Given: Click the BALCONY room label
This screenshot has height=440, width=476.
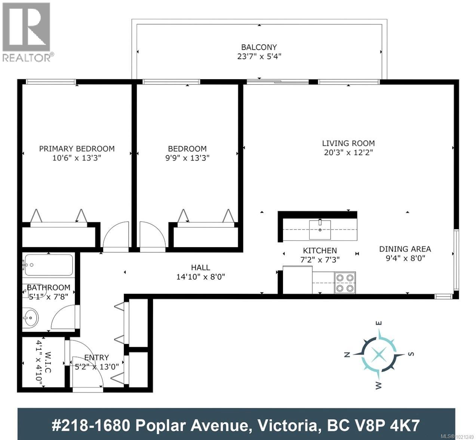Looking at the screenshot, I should [x=259, y=47].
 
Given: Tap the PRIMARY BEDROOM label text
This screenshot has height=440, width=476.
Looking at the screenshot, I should [x=77, y=148].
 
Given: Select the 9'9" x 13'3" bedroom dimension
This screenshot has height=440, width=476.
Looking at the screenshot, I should [x=187, y=158].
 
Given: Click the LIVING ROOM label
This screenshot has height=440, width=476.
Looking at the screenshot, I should [x=348, y=143].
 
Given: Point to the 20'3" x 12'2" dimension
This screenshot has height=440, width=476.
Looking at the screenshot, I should [x=348, y=152].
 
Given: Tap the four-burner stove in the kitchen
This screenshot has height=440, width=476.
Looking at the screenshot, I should [x=344, y=283].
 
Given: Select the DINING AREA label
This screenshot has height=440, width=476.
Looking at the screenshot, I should [x=405, y=249].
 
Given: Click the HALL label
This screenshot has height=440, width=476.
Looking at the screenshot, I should [x=200, y=267].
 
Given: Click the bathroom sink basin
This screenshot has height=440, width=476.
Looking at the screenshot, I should [x=30, y=319].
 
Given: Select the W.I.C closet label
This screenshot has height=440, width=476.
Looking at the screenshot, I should [x=43, y=362].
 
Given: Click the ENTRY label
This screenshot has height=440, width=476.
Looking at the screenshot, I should [x=96, y=357].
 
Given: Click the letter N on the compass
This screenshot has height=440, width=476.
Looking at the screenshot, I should [x=347, y=355].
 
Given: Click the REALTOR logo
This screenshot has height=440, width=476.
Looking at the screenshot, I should [x=26, y=32].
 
